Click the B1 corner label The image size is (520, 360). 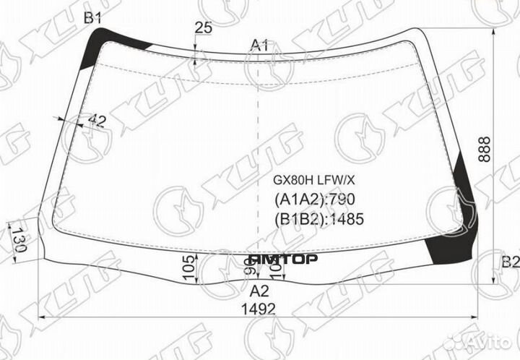[92, 18]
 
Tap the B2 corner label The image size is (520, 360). [510, 262]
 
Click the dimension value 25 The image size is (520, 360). [203, 28]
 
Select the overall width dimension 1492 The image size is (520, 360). [259, 309]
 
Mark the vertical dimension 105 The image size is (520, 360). [190, 266]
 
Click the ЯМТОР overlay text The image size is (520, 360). [283, 259]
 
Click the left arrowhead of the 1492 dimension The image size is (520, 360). [41, 317]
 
